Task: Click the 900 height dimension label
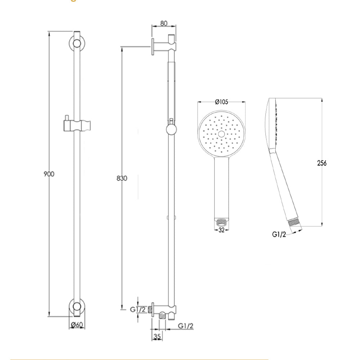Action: coord(49,174)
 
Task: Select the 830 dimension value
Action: coord(122,178)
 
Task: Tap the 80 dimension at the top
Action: coord(164,23)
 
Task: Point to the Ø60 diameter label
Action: coord(77,325)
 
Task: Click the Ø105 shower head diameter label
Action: coord(222,102)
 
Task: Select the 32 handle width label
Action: coord(221,230)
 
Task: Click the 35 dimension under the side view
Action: coord(157,336)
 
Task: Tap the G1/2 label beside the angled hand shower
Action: coord(279,235)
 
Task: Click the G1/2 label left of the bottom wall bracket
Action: coord(137,309)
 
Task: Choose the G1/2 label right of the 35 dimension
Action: coord(186,326)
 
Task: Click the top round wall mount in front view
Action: coord(76,44)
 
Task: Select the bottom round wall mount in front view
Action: coord(76,307)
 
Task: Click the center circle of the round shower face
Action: coord(222,134)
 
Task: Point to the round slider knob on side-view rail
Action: coord(171,129)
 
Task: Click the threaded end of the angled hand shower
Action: coord(294,224)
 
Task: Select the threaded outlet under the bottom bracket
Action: coord(163,315)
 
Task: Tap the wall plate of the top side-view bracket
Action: coord(153,46)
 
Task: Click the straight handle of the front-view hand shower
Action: coord(222,187)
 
